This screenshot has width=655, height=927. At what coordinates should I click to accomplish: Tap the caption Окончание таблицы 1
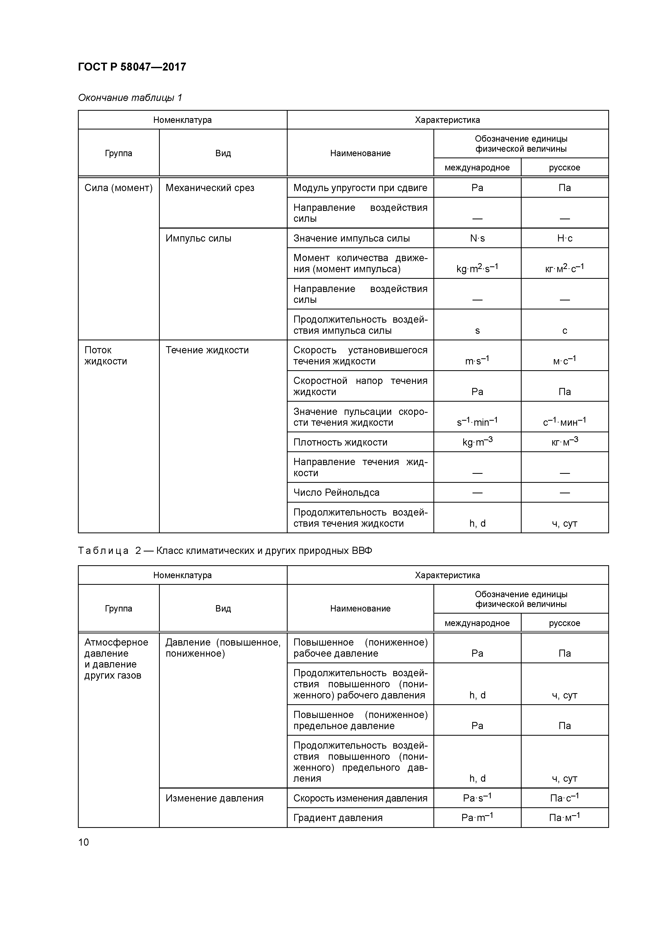click(130, 98)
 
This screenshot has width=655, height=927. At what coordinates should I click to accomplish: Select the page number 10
click(83, 842)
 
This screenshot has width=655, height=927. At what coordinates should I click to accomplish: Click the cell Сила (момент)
click(118, 188)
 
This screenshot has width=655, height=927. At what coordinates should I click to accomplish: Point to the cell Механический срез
click(210, 188)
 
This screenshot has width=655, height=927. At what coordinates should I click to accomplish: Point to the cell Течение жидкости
click(207, 350)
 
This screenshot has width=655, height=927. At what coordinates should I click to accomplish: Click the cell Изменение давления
click(214, 798)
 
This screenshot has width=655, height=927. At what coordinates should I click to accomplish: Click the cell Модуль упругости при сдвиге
click(360, 188)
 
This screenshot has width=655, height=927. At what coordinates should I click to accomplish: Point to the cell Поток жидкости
click(105, 356)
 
